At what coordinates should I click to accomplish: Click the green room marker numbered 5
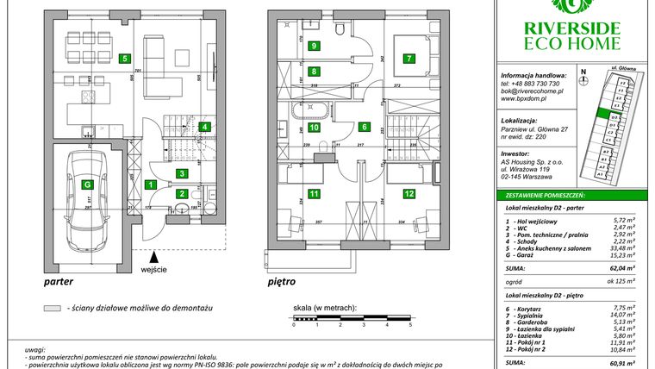pyautogui.click(x=126, y=59)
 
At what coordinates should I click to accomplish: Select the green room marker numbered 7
pyautogui.click(x=409, y=59)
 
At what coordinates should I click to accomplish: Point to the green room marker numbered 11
pyautogui.click(x=314, y=194)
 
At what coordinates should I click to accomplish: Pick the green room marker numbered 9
pyautogui.click(x=314, y=46)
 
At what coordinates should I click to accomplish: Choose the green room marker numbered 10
pyautogui.click(x=314, y=127)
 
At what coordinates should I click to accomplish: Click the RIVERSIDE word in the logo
pyautogui.click(x=572, y=27)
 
